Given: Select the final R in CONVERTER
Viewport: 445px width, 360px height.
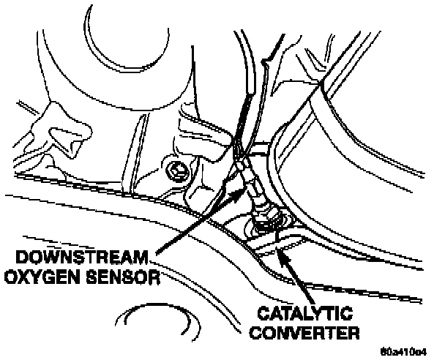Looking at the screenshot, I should coord(354,334).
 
